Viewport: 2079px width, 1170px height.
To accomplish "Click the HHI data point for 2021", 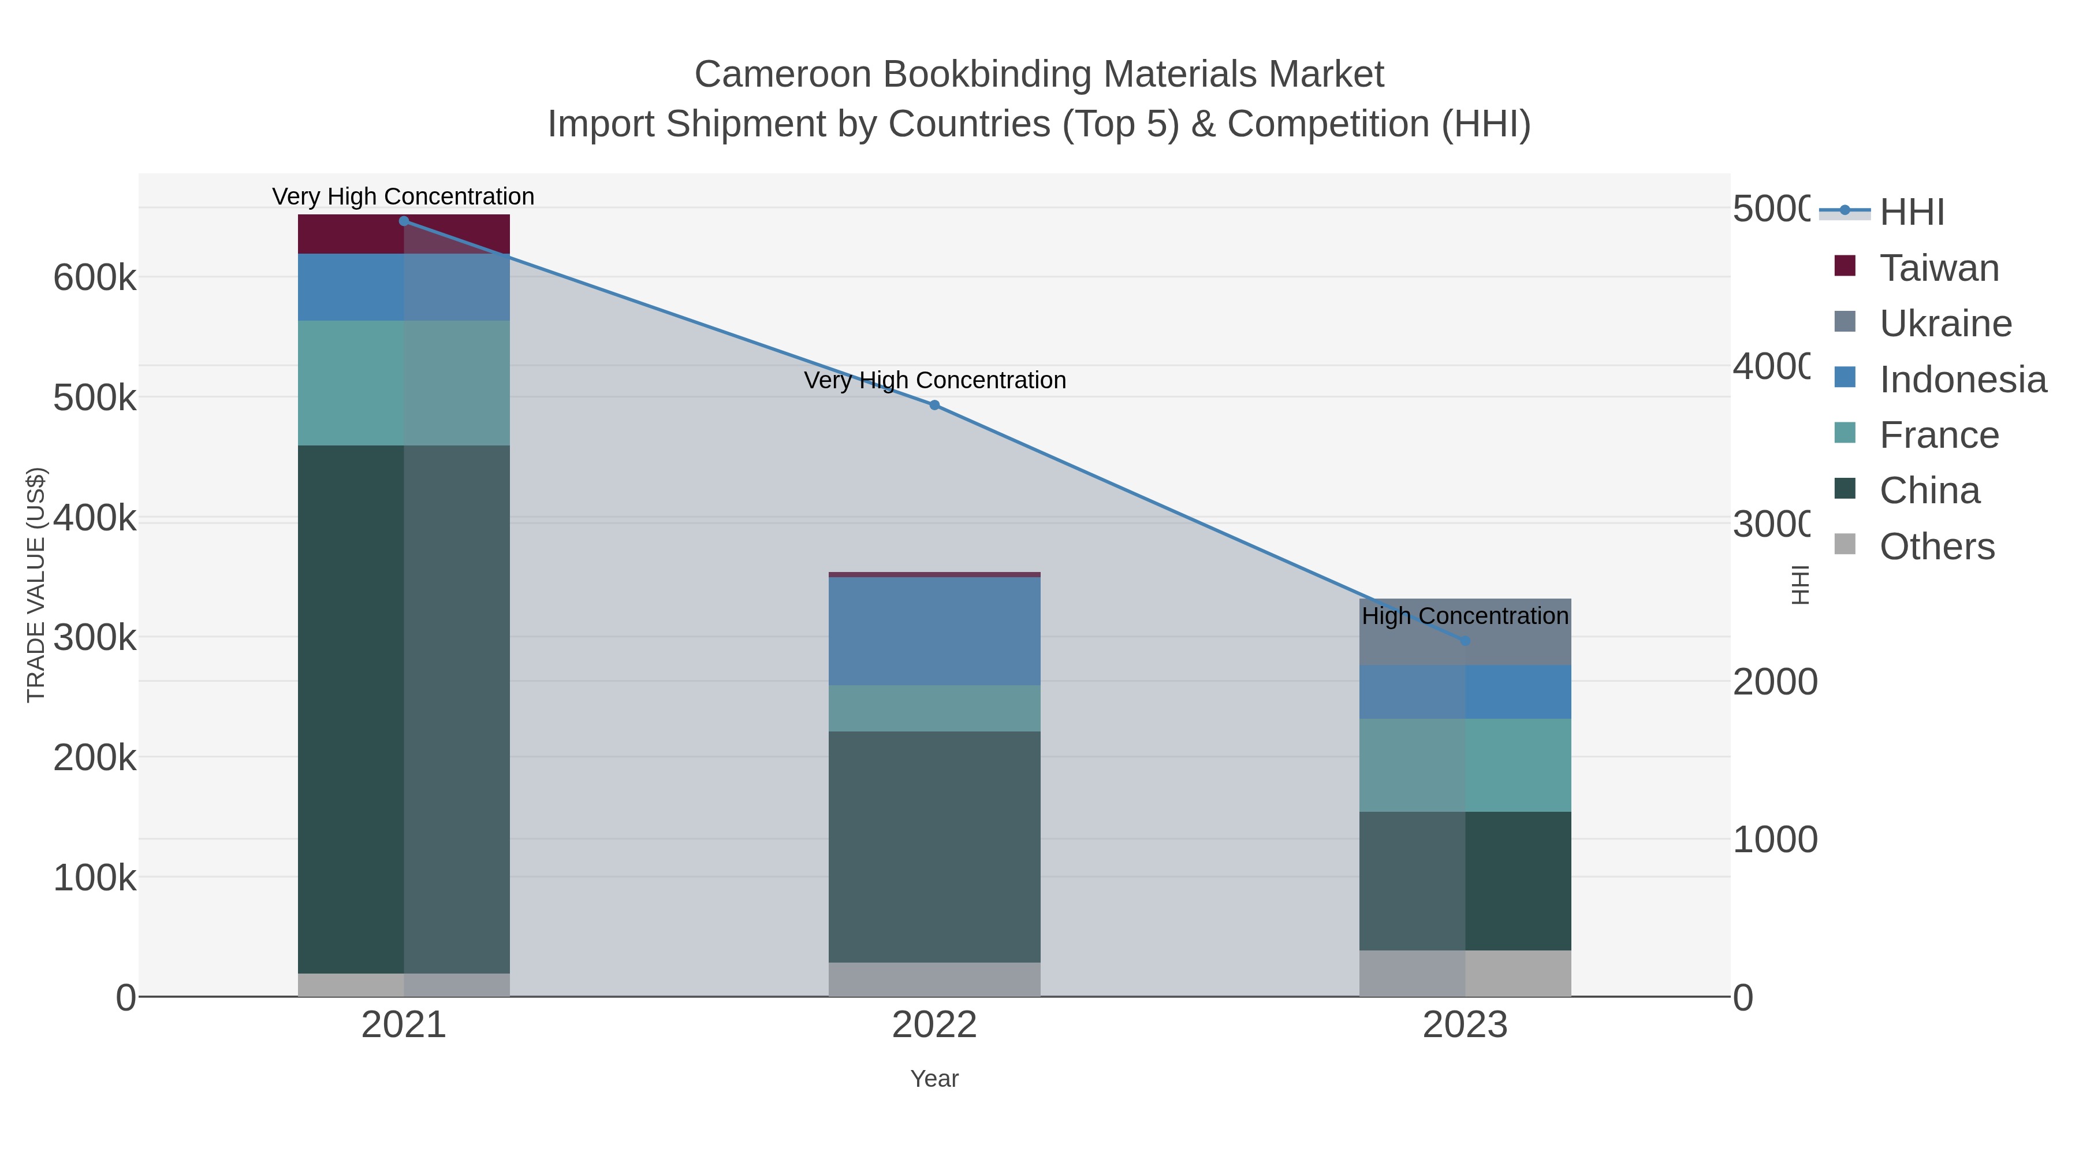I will [x=404, y=221].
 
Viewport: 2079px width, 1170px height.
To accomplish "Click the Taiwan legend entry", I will [x=1939, y=268].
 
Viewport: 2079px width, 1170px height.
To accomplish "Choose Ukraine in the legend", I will [x=1945, y=324].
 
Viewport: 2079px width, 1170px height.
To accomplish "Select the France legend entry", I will [x=1939, y=435].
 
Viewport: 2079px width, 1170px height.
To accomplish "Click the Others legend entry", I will [x=1937, y=547].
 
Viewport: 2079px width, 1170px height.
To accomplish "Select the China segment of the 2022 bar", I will [x=934, y=846].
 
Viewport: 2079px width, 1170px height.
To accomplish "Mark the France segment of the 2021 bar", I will [x=404, y=382].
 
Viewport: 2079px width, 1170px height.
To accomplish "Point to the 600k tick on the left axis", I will [x=95, y=278].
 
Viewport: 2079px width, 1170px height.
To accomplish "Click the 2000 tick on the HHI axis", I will [x=1775, y=682].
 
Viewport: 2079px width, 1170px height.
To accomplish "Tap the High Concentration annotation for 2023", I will [x=1465, y=616].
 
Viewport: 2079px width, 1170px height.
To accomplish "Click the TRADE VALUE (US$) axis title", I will [x=36, y=585].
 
